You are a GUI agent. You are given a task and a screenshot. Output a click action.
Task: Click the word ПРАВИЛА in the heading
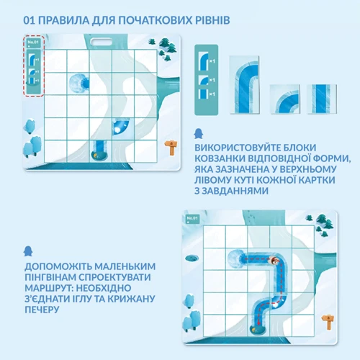point(63,20)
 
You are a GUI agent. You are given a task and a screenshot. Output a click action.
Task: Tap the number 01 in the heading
point(29,20)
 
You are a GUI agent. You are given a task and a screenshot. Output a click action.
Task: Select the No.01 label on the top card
point(33,42)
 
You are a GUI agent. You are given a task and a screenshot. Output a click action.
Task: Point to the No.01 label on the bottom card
point(192,218)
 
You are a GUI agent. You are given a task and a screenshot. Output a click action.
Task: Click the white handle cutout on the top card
point(102,42)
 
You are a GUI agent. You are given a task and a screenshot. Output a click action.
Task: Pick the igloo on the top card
point(79,84)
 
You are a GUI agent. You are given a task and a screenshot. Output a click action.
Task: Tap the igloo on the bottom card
point(236,258)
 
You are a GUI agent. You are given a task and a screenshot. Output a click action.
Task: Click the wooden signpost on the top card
point(171,148)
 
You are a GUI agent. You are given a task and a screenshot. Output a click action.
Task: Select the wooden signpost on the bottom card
point(328,322)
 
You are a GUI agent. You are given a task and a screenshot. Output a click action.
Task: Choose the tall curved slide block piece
point(244,85)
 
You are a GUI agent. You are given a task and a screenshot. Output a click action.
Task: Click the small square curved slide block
point(285,99)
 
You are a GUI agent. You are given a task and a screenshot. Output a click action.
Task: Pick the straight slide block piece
point(322,99)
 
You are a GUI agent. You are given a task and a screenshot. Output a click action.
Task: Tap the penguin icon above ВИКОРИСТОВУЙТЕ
point(199,133)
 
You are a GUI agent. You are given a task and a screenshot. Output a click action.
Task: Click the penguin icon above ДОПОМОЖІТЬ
point(28,251)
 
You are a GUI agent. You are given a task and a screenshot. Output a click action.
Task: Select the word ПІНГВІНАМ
point(50,277)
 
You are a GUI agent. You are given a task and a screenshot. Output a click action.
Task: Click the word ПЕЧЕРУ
point(42,310)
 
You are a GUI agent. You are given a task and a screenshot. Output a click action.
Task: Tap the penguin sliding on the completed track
point(274,260)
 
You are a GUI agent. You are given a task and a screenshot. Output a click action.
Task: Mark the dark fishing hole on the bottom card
point(192,258)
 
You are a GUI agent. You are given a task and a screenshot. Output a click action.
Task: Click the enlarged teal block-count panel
point(207,80)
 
